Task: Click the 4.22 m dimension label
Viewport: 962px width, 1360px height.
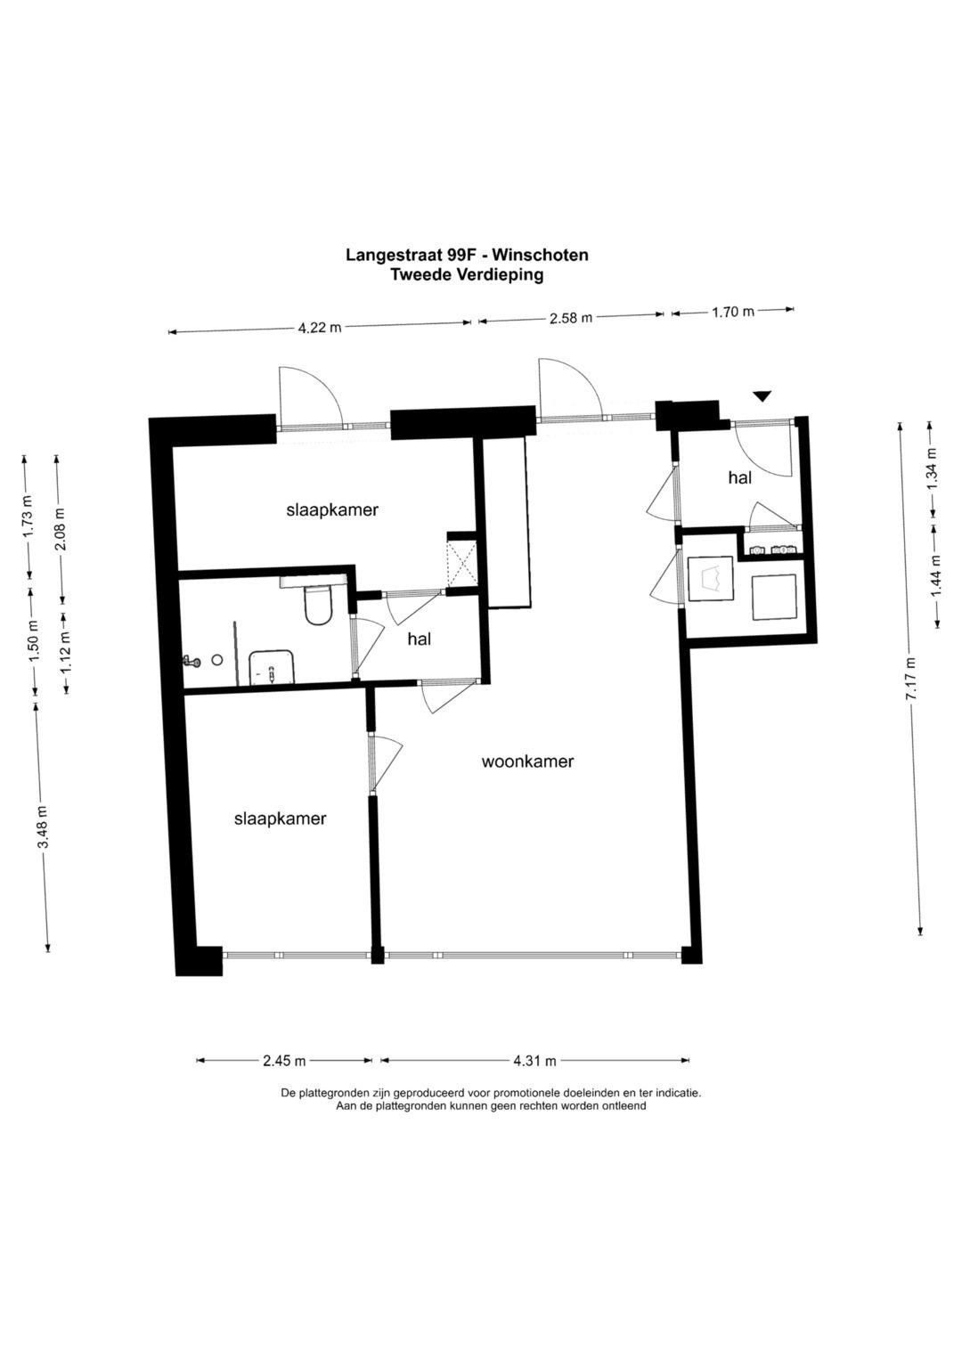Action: point(319,328)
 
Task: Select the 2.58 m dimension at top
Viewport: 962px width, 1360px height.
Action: point(570,318)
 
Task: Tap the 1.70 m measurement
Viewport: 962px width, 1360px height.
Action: point(732,312)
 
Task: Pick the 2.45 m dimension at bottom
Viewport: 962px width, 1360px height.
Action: point(284,1061)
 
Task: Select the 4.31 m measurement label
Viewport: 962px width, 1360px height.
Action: point(534,1061)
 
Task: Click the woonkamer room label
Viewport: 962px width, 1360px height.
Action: point(527,761)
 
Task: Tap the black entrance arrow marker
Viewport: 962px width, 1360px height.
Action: point(762,395)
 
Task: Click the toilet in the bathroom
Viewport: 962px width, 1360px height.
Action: point(318,605)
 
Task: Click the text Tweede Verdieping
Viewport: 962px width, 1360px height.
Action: point(467,275)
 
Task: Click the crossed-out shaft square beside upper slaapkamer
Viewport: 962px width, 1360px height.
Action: point(461,563)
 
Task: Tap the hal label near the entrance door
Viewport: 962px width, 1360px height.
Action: point(739,477)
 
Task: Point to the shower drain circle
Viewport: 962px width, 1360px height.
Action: point(216,659)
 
